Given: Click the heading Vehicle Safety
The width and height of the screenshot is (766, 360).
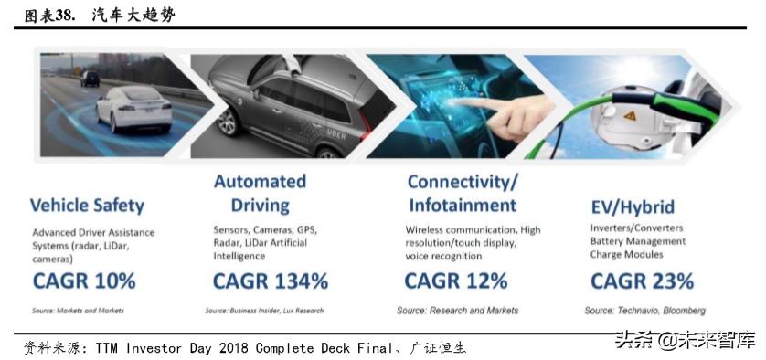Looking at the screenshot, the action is click(x=87, y=206).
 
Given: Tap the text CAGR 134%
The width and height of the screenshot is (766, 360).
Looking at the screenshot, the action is click(x=271, y=281).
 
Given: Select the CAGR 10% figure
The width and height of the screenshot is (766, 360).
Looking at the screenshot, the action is click(x=84, y=281).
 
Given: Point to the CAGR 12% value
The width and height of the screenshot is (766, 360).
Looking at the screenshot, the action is click(x=456, y=281).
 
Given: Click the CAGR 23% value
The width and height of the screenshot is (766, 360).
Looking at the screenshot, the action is click(x=642, y=281).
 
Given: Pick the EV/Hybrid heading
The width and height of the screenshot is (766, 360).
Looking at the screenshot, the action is click(x=633, y=206).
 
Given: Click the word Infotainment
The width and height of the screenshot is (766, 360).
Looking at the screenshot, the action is click(x=463, y=205).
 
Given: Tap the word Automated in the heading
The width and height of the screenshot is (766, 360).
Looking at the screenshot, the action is click(x=260, y=181).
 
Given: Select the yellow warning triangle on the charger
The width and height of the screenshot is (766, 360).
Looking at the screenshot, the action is click(x=629, y=116).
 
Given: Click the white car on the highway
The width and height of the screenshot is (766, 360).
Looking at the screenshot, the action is click(x=133, y=110).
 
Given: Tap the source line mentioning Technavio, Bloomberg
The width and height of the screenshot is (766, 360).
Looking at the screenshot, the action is click(x=644, y=311).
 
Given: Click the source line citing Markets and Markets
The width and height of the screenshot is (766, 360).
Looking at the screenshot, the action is click(x=79, y=311).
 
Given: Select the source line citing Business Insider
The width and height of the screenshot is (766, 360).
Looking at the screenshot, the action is click(x=264, y=311).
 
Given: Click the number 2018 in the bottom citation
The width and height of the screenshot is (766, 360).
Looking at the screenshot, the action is click(x=233, y=348).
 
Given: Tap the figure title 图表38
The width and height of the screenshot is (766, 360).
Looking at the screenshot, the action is click(x=48, y=16).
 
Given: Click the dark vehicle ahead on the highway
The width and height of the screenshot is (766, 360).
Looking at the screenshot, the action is click(x=90, y=79).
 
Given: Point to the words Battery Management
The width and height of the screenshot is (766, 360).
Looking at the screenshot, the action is click(x=638, y=241).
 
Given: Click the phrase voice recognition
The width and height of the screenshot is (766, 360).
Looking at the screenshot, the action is click(x=443, y=256).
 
